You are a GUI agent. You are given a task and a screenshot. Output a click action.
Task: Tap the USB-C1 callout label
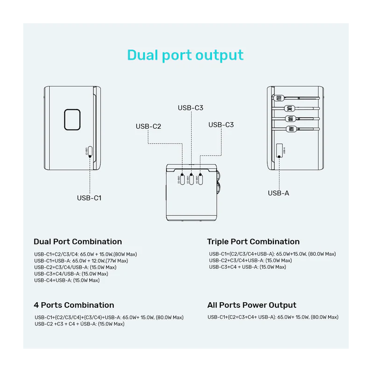point(89,198)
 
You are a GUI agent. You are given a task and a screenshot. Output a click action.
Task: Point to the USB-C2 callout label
point(148,126)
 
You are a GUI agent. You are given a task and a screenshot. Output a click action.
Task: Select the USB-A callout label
point(279,193)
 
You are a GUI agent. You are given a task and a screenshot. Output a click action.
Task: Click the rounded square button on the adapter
point(73,119)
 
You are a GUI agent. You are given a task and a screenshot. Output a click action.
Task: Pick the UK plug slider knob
point(290,109)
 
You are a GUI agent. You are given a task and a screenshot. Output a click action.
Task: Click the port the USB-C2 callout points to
point(181,179)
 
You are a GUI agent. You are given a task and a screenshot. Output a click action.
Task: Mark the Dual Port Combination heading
point(78,241)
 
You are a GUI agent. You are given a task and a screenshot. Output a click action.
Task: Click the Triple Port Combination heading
point(253,241)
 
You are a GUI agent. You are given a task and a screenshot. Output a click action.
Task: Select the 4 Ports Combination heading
point(74,305)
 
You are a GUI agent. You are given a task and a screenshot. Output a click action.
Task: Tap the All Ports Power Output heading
point(252,305)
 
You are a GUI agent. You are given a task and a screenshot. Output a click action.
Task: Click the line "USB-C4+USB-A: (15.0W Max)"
point(67,280)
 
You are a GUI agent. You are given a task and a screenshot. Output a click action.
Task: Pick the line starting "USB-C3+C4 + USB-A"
point(248,267)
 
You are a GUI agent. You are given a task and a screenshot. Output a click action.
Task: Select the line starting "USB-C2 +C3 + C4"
point(80,324)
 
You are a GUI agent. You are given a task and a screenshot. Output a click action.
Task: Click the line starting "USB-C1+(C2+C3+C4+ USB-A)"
point(273,317)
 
